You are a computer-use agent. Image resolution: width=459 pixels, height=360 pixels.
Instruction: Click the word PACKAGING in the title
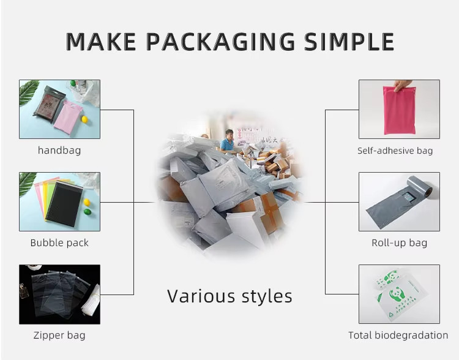click(x=220, y=42)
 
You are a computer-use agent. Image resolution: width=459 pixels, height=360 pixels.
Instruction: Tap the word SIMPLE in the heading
click(x=349, y=42)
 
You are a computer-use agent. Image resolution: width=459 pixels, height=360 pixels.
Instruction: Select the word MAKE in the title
click(x=101, y=42)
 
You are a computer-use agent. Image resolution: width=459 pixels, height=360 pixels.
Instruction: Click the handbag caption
click(x=59, y=150)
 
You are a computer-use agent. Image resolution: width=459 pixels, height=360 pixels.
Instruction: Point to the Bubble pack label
click(x=59, y=242)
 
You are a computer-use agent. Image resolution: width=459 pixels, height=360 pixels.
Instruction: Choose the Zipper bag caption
click(x=59, y=335)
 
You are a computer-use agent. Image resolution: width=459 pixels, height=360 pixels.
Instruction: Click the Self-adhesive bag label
click(x=395, y=151)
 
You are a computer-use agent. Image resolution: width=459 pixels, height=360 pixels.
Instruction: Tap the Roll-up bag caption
click(x=399, y=242)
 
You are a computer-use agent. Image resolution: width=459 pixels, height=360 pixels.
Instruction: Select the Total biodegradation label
click(x=398, y=335)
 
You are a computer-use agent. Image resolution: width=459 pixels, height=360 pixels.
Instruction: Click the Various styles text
click(x=229, y=296)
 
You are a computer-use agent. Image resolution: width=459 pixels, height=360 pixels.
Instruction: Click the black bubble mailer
click(x=64, y=204)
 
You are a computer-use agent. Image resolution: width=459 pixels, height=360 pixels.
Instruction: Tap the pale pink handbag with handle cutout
click(x=68, y=117)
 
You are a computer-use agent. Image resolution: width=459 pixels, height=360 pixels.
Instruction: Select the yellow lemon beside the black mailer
click(x=87, y=202)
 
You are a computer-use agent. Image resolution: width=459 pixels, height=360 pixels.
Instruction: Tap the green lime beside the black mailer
click(x=88, y=211)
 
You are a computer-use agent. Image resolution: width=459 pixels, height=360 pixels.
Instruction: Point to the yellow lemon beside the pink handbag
click(x=84, y=119)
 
